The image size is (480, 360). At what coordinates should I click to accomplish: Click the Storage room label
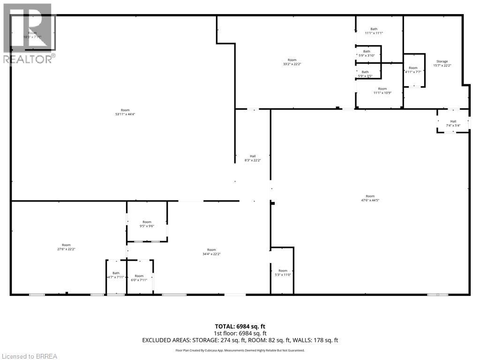[x=442, y=61]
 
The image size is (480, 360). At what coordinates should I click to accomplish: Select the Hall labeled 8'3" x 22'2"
[x=253, y=158]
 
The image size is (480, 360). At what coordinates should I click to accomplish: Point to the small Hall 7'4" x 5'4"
[x=453, y=123]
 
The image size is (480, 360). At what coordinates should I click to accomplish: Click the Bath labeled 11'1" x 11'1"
[x=374, y=31]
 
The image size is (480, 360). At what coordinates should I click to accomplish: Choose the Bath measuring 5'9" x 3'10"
[x=367, y=53]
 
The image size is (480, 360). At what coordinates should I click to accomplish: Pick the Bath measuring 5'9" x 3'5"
[x=365, y=74]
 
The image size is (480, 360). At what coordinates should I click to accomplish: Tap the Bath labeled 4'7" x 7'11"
[x=116, y=276]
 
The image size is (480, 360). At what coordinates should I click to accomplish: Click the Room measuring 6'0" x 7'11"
[x=139, y=278]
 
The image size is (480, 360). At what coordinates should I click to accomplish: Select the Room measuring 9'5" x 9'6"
[x=147, y=224]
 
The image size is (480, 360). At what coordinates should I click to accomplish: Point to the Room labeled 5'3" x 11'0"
[x=283, y=273]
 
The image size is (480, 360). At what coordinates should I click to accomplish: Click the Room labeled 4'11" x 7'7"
[x=413, y=70]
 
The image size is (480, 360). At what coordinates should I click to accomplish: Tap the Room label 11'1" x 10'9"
[x=382, y=90]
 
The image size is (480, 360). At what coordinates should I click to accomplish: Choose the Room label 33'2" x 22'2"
[x=292, y=62]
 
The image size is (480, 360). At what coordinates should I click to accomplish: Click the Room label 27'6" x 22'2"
[x=66, y=247]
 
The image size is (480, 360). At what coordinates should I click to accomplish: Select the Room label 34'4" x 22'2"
[x=212, y=252]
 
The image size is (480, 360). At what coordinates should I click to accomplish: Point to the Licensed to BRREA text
[x=29, y=356]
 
